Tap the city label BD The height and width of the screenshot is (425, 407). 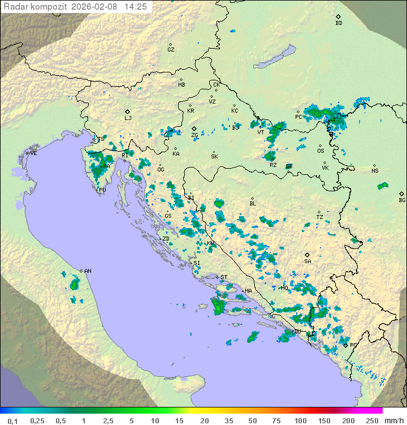[x=339, y=23]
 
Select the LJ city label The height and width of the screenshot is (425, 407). [x=128, y=118]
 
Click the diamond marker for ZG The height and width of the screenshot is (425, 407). [x=194, y=129]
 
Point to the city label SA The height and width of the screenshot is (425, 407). [x=308, y=261]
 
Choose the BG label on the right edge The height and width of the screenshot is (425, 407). [x=402, y=200]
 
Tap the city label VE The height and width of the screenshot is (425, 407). [x=33, y=153]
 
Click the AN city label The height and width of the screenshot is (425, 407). [x=88, y=271]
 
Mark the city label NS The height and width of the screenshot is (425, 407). [x=375, y=171]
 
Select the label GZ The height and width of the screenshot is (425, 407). [x=171, y=50]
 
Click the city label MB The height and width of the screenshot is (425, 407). [x=181, y=85]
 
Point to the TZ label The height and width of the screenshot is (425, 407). [x=320, y=217]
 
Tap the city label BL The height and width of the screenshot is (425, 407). [x=253, y=204]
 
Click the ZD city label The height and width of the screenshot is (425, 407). [x=166, y=239]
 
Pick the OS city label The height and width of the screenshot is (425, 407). [x=321, y=151]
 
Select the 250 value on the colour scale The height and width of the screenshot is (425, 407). [x=372, y=420]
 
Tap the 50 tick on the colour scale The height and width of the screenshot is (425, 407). [x=252, y=420]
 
